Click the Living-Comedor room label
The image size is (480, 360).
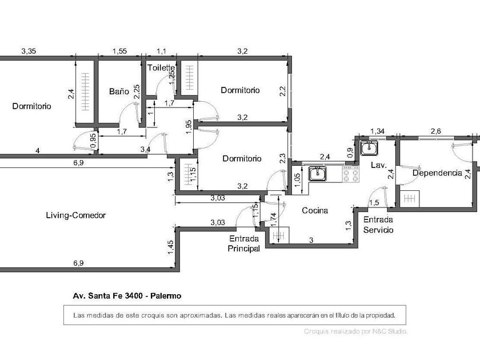75,215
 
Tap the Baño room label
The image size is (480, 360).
119,91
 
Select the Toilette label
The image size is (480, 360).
161,67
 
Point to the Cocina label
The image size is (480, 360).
315,210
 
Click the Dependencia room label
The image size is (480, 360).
437,173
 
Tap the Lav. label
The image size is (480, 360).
379,165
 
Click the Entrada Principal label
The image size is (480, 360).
243,243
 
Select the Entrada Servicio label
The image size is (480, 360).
378,225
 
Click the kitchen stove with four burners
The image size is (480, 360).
351,175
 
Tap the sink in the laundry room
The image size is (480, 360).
369,148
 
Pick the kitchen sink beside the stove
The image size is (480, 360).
318,174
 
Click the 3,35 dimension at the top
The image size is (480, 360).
29,51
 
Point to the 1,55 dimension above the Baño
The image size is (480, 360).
119,51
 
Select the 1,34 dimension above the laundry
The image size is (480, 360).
377,131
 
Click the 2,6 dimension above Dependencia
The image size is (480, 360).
435,131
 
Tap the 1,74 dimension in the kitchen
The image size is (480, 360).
274,220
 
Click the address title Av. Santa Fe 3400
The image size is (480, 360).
108,296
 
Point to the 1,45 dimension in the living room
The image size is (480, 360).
170,247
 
